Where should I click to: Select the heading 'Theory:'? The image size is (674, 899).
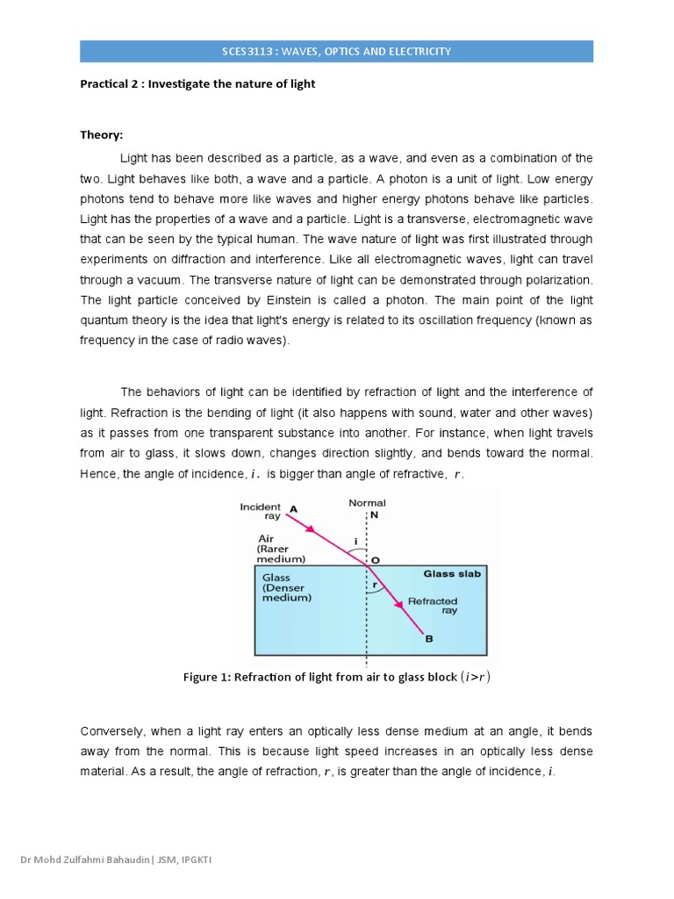[x=102, y=135]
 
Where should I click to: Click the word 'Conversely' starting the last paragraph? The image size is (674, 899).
[x=112, y=730]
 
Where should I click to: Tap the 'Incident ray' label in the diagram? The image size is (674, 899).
[x=260, y=512]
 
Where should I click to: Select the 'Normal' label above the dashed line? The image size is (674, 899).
[x=367, y=503]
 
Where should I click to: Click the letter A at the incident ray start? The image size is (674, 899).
[x=292, y=507]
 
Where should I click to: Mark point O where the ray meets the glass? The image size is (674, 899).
[x=375, y=559]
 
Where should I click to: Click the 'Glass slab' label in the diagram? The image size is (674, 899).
[x=452, y=574]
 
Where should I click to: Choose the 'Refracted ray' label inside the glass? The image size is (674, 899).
[x=432, y=606]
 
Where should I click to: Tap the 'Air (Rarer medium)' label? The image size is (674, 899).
[x=281, y=549]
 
